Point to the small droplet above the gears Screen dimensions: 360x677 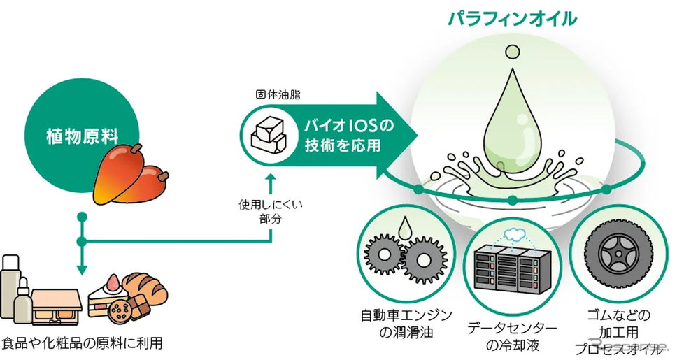point(405,227)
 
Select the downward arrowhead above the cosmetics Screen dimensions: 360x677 point(82,268)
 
